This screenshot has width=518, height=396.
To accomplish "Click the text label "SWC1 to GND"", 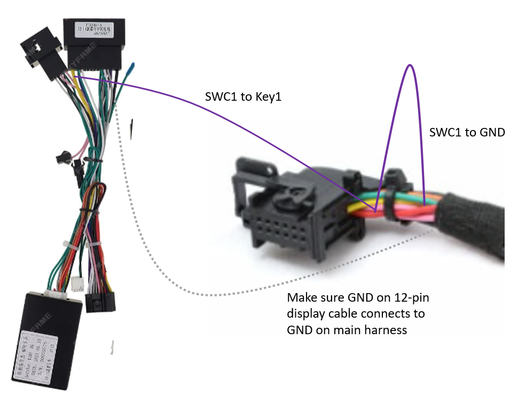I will (x=467, y=132).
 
